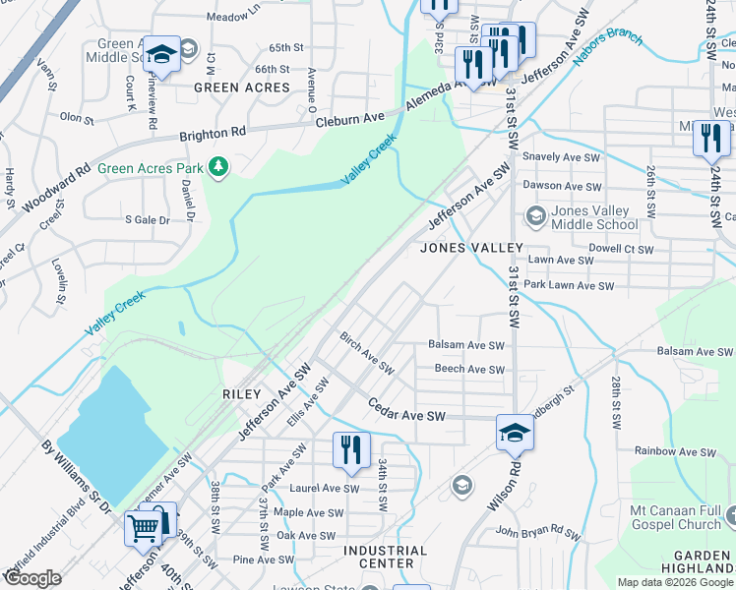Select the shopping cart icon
[143, 529]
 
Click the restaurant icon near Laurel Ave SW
[350, 450]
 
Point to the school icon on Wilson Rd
[515, 432]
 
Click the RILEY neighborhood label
[241, 394]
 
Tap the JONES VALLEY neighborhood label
[469, 249]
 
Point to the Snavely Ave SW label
[561, 157]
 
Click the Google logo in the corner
[32, 578]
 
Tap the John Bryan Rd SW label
[537, 532]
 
